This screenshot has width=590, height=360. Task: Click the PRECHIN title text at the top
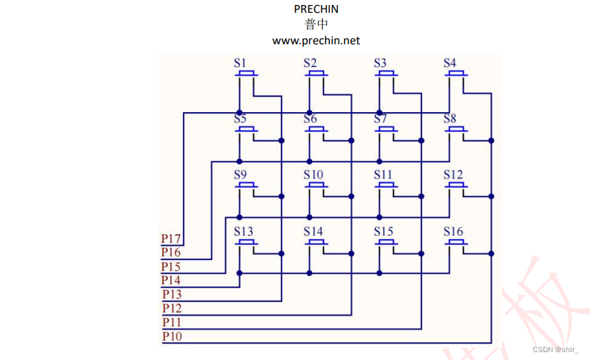pos(316,9)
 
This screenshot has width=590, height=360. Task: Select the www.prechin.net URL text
pos(316,41)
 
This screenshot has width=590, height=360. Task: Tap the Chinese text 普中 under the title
pos(316,25)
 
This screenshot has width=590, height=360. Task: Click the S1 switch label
pos(240,63)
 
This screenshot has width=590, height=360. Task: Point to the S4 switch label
pos(449,63)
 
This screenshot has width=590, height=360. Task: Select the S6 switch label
pos(310,119)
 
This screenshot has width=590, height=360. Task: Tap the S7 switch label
pos(380,119)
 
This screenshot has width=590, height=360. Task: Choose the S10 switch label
pos(313,175)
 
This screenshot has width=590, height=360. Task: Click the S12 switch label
pos(453,175)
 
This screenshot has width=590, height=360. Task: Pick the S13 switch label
pos(243,231)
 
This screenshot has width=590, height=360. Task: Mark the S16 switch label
pos(453,231)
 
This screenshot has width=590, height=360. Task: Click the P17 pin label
pos(171,239)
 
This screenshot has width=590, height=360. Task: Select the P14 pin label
pos(171,280)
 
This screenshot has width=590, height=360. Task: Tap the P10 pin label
pos(171,336)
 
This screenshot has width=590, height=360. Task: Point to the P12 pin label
pos(171,308)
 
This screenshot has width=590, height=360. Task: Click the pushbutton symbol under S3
pos(386,74)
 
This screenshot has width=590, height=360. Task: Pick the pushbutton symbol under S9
pos(246,186)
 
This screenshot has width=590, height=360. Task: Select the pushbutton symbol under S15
pos(386,243)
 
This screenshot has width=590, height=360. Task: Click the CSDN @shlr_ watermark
pos(556,349)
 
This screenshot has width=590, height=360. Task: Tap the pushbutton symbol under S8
pos(456,130)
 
